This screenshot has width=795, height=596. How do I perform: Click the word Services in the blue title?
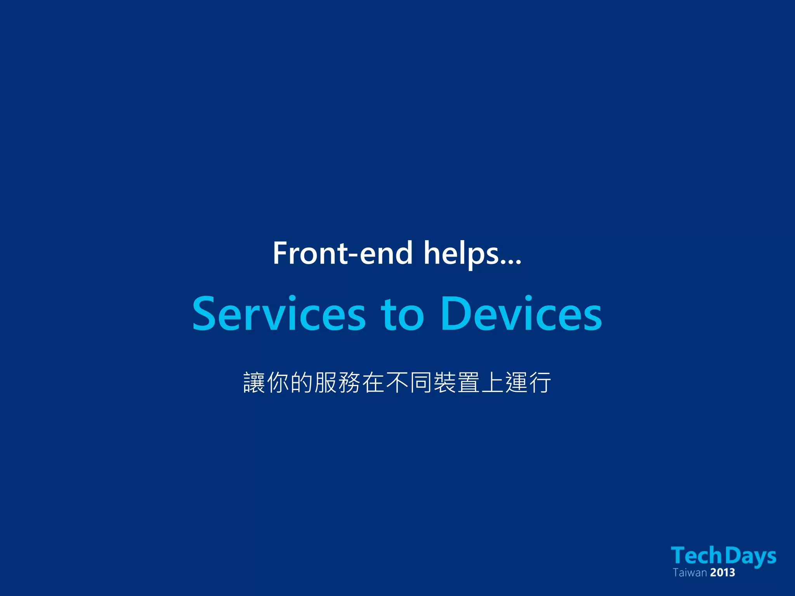pos(279,314)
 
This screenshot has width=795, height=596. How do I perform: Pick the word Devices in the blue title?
pos(521,314)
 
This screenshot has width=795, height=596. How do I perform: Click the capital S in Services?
pos(204,314)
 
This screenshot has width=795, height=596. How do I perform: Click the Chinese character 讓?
pos(254,383)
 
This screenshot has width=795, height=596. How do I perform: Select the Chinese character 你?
pos(278,383)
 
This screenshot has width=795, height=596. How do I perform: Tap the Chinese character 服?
pos(326,383)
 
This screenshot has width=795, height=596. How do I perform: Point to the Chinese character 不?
pos(397,383)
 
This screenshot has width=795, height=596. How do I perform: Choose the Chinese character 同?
pos(421,383)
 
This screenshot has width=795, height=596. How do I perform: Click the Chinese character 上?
pos(493,383)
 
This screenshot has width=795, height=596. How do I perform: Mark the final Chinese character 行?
pos(540,383)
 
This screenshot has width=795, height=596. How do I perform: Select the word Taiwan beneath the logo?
pos(689,573)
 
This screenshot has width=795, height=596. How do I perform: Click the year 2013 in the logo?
pos(722,573)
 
